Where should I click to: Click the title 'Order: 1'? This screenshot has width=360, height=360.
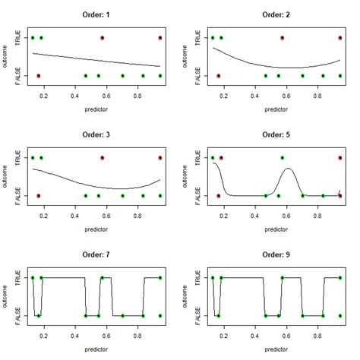(x=96, y=14)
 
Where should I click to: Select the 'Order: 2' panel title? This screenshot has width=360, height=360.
(x=276, y=14)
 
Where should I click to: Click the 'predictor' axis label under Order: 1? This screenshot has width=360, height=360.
(x=96, y=109)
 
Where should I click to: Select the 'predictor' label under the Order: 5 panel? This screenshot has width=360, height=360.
(x=276, y=229)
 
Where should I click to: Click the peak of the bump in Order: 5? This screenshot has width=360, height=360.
(x=288, y=169)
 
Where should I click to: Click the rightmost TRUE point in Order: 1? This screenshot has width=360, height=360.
(x=160, y=37)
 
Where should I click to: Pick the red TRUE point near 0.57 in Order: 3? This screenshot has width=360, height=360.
(x=102, y=157)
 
